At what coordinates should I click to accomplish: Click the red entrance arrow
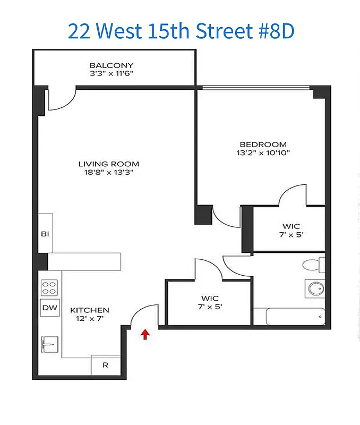point(145,334)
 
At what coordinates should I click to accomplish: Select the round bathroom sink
point(314,288)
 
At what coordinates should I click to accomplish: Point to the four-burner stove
point(49,288)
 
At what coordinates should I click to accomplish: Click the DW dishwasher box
point(49,308)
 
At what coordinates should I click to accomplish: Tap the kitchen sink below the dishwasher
point(49,344)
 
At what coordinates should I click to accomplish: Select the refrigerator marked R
point(105,365)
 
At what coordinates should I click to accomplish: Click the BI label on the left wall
point(45,233)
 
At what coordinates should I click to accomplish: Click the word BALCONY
point(111,65)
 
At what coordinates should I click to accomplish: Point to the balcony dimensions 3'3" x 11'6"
point(111,73)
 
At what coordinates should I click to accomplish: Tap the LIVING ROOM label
point(109,164)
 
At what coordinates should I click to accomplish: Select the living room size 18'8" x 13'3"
point(109,172)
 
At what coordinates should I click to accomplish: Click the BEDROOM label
point(263,144)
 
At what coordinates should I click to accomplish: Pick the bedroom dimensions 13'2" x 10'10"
point(263,152)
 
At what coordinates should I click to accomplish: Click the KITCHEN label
point(90,310)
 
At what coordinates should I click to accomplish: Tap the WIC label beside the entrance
point(210,298)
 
